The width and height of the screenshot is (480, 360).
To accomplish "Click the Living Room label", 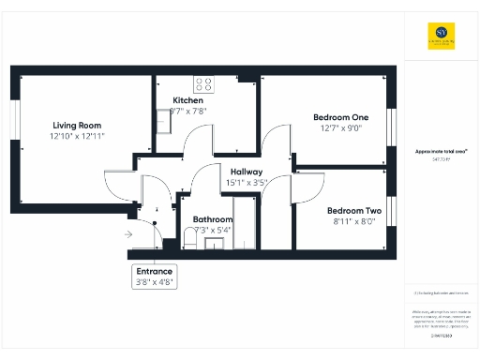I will (77, 125).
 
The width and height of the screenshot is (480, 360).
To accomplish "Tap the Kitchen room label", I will (188, 100).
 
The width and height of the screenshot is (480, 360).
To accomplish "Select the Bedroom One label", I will (340, 117).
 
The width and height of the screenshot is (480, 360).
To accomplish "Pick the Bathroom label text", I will (212, 219).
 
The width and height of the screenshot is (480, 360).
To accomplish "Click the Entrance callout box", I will (155, 276).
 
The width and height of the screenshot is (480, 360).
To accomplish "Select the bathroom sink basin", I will (215, 245).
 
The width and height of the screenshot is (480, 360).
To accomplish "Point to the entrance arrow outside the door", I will (127, 235).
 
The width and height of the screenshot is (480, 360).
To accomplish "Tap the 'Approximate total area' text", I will (441, 151).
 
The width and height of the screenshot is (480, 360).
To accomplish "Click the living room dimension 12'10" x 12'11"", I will (77, 137).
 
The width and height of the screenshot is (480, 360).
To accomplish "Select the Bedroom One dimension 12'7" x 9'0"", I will (340, 128).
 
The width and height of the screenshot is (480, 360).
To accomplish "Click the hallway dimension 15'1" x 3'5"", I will (247, 183).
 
